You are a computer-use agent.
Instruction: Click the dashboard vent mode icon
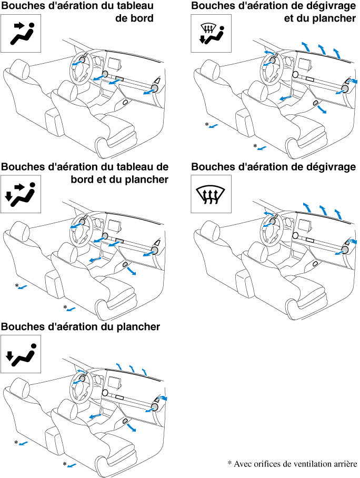21,34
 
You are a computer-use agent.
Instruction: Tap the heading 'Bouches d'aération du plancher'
81,327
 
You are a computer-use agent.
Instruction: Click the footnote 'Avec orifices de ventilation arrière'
295,464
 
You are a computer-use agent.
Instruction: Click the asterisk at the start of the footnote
229,464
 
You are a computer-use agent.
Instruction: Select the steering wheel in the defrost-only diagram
270,227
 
